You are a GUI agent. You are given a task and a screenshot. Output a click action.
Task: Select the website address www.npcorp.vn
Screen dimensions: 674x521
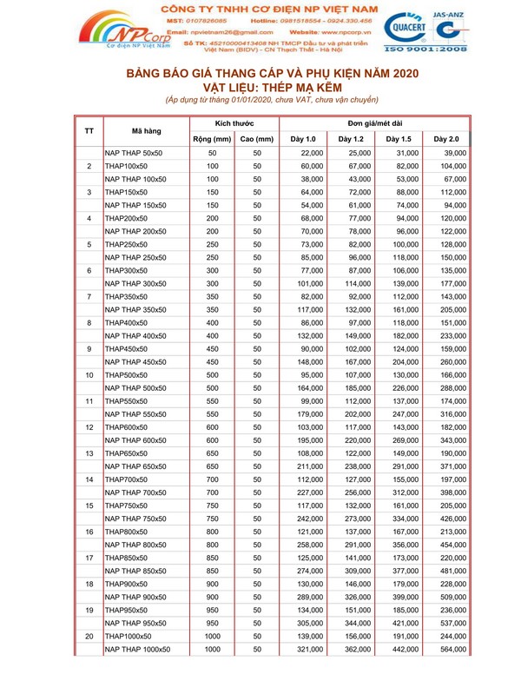(x=352, y=31)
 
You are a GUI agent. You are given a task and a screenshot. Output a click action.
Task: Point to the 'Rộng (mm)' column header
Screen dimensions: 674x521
(x=212, y=139)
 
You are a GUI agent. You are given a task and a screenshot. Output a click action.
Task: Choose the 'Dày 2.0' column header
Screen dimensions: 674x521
(x=446, y=139)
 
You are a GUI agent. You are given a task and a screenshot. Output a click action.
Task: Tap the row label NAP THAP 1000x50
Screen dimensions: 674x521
(x=137, y=649)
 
